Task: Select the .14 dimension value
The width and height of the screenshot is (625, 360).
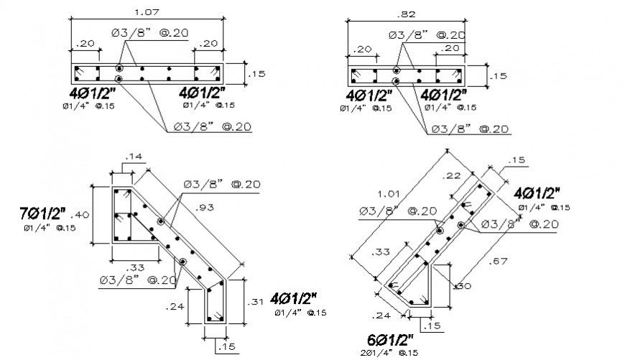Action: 133,156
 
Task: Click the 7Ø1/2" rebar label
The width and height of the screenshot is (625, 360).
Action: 42,213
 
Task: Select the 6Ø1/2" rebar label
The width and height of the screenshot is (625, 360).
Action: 389,338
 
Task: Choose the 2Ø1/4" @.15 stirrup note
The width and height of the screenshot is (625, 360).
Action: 389,352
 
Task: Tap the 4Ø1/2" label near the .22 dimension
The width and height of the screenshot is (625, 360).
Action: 538,193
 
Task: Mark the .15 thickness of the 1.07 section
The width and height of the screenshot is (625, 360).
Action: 256,73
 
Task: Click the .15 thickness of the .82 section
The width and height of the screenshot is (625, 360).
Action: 498,75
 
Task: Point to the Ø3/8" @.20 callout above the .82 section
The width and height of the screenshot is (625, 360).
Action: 426,35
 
